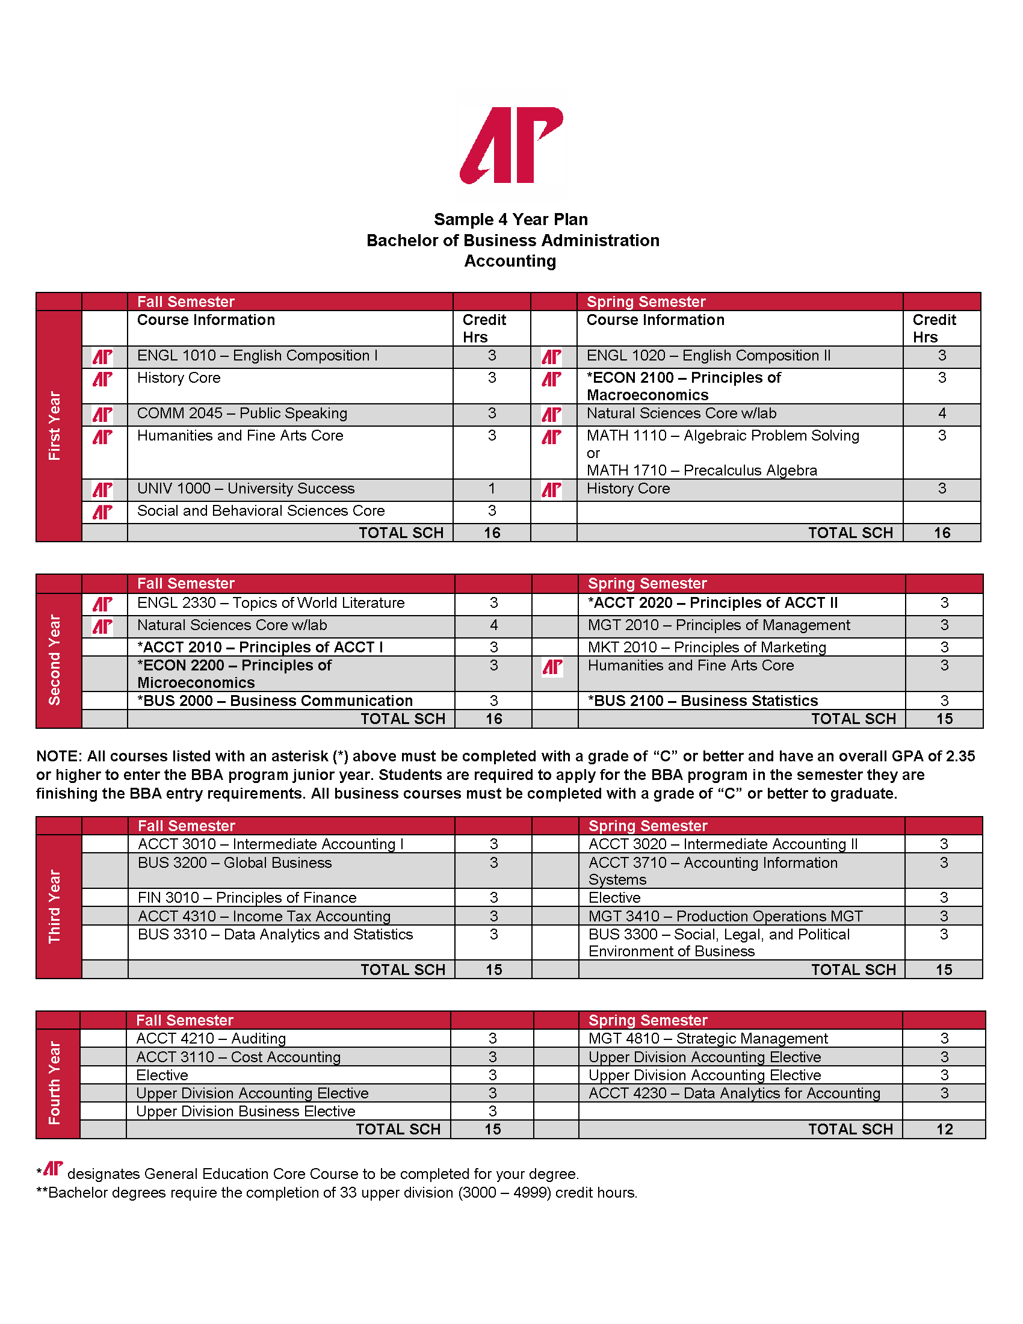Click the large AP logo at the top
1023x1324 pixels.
click(511, 146)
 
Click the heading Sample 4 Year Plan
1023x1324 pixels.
click(510, 220)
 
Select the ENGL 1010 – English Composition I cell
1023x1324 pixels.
click(257, 356)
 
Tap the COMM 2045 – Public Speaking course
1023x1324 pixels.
click(242, 413)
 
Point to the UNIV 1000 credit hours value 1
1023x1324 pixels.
click(492, 489)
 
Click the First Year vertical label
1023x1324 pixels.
click(55, 425)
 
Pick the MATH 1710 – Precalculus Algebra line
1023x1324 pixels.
click(701, 471)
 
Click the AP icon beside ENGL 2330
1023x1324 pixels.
click(102, 604)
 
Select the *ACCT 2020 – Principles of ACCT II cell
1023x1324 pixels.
click(712, 603)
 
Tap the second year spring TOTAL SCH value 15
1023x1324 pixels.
click(944, 719)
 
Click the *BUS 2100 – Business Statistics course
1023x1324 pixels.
click(702, 701)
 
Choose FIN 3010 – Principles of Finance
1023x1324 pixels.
click(247, 898)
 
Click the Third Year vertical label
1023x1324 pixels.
click(55, 906)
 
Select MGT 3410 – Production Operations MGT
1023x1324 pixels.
click(726, 917)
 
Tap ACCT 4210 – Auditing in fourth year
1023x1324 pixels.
click(211, 1039)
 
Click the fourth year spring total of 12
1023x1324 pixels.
click(944, 1130)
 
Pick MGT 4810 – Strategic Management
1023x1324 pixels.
click(708, 1039)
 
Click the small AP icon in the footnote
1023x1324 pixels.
click(54, 1168)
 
